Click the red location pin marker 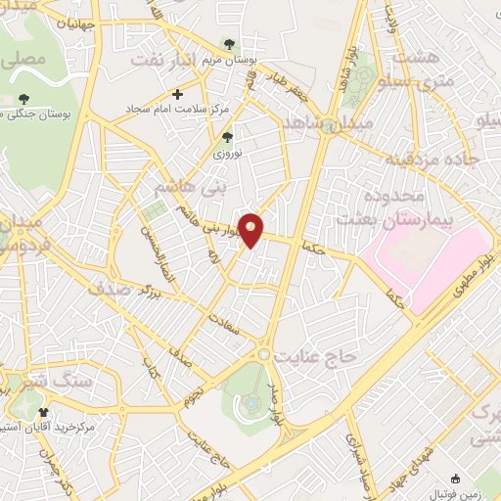coord(252,229)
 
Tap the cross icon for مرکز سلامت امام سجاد coord(176,93)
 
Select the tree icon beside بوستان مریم coord(228,44)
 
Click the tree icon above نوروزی coord(228,137)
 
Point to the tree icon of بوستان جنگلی coord(23,98)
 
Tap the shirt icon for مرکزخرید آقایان coord(42,412)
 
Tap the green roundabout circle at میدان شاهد coord(332,123)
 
